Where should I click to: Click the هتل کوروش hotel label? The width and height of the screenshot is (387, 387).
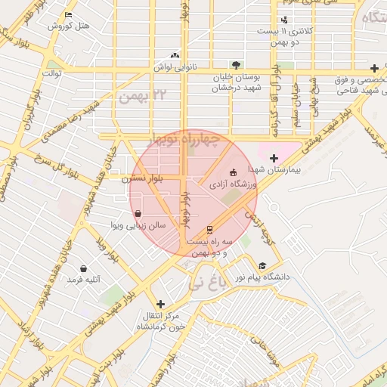click(69, 26)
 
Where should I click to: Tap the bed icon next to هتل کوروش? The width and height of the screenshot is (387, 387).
click(69, 14)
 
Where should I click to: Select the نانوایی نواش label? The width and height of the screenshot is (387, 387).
click(175, 67)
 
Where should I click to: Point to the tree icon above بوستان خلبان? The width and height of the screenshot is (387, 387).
click(237, 65)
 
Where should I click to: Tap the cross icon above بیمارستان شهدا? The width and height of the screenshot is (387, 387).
click(274, 157)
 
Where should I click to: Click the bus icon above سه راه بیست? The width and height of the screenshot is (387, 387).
click(209, 229)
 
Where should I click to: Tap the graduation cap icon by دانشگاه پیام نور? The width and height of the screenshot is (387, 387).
click(262, 265)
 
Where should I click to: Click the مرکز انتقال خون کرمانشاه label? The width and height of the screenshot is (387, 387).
click(159, 321)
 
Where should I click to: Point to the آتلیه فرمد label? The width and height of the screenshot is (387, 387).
click(83, 280)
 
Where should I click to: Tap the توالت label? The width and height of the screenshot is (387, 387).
click(52, 73)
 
